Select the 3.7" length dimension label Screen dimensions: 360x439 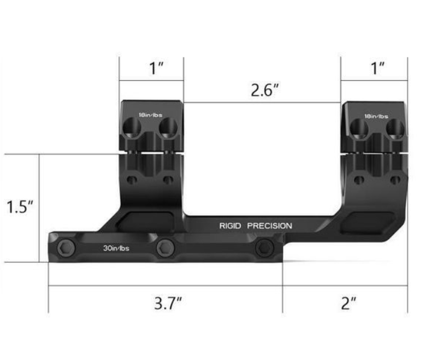(167, 303)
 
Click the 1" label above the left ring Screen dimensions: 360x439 (157, 68)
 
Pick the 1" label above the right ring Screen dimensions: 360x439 (378, 68)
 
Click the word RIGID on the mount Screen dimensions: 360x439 (230, 226)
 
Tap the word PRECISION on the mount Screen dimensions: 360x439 (269, 226)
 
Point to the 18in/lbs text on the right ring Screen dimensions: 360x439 (376, 115)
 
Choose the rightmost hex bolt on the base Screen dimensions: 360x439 (263, 246)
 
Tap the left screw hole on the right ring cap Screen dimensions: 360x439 (359, 127)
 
